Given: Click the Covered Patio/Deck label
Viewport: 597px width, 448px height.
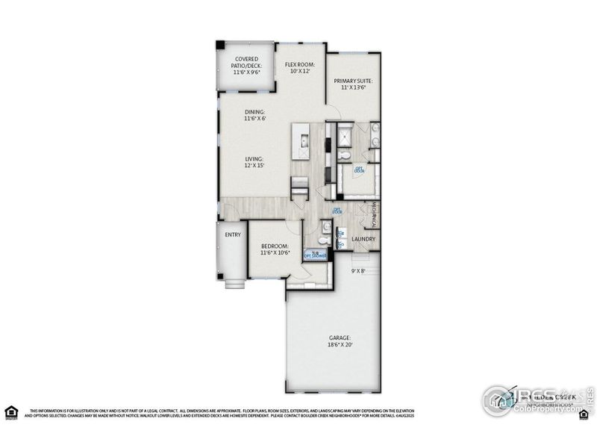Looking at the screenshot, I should [x=246, y=66].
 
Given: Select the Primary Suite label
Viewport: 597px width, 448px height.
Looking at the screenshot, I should [x=353, y=84].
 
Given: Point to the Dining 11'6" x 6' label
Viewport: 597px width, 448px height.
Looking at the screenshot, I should [x=254, y=115].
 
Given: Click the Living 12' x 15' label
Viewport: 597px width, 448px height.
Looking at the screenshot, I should [x=254, y=162].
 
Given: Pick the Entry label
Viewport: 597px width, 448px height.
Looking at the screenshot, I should [x=233, y=234].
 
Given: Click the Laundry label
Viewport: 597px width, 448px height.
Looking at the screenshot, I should [x=363, y=240].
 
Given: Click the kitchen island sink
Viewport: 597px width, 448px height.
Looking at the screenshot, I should [x=303, y=140].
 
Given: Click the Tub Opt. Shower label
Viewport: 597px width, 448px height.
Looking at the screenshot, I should [x=315, y=255].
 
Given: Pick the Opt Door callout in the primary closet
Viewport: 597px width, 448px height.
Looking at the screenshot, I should [x=359, y=169].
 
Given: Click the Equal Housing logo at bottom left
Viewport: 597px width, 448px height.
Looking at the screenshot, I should [x=10, y=411].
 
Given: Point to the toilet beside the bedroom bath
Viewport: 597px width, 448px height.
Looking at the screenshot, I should [x=322, y=240].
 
